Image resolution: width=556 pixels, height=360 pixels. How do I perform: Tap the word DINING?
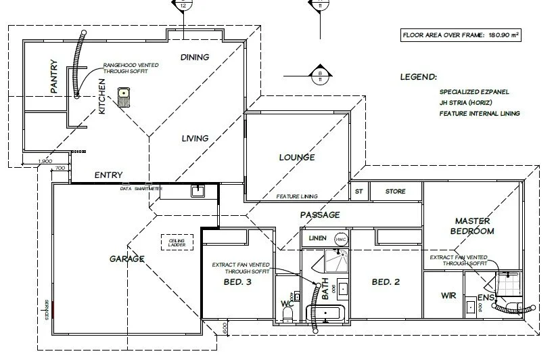pos(195,58)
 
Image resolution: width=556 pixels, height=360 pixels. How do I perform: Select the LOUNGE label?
pos(297,158)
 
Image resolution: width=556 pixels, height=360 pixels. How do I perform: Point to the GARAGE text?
pos(127,258)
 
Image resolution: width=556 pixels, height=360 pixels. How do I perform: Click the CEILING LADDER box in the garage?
pos(177,242)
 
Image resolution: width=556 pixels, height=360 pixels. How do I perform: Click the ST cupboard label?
pos(358,192)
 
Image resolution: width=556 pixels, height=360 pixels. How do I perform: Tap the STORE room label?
pos(396,192)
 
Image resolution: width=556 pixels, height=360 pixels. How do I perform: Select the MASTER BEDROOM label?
pos(474,226)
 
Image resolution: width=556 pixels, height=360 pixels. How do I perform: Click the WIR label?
pos(448,296)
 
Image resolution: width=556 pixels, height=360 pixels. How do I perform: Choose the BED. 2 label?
pos(386,282)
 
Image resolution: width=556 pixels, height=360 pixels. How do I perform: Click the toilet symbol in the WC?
pos(288,313)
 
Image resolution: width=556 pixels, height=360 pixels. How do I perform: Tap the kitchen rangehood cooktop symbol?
pos(123,97)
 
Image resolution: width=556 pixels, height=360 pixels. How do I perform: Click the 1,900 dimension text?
pos(45,161)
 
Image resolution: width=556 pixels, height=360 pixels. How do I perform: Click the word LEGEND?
pos(418,78)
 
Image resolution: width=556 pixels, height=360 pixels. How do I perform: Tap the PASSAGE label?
pos(320,215)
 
